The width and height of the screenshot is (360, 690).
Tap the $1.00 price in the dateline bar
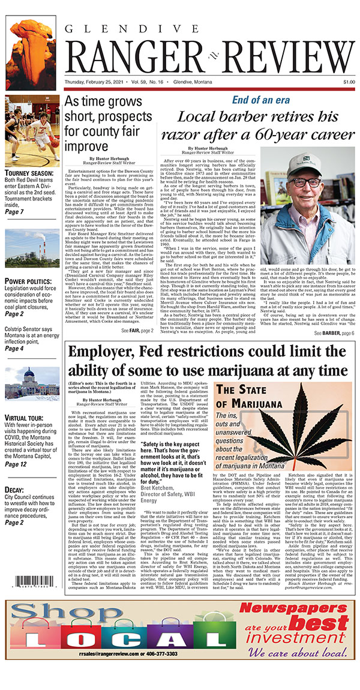pyautogui.click(x=347, y=82)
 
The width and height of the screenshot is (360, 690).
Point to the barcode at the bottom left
pyautogui.click(x=32, y=582)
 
